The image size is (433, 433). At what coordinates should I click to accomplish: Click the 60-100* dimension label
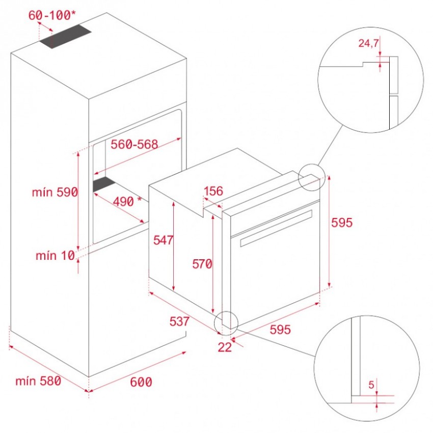click(x=52, y=15)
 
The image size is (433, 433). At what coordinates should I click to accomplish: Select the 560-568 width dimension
click(x=134, y=144)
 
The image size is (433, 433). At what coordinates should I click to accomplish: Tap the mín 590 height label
click(x=55, y=192)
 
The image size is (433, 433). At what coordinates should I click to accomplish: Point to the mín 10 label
click(x=55, y=255)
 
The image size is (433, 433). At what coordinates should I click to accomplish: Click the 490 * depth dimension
click(x=127, y=202)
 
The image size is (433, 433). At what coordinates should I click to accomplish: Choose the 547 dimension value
click(x=163, y=240)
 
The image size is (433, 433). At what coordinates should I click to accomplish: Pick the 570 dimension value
click(x=202, y=264)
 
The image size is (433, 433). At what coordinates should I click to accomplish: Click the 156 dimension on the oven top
click(x=213, y=191)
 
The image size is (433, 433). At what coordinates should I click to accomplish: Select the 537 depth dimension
click(x=179, y=321)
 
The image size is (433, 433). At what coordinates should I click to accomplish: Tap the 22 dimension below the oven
click(x=225, y=347)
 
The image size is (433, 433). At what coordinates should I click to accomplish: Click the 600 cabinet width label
click(x=141, y=382)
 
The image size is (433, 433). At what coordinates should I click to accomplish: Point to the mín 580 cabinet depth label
click(x=38, y=381)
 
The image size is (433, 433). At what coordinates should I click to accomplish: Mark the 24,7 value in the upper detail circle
click(x=368, y=43)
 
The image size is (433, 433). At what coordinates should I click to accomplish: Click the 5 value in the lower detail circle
click(x=371, y=385)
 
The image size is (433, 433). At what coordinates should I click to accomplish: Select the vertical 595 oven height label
click(x=342, y=223)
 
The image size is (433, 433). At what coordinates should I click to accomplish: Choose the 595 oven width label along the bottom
click(x=280, y=330)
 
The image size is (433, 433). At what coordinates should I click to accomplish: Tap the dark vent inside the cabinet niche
click(x=104, y=184)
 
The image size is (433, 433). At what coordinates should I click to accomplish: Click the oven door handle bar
click(x=276, y=228)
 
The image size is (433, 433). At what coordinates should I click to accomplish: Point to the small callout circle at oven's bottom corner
click(x=226, y=323)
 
